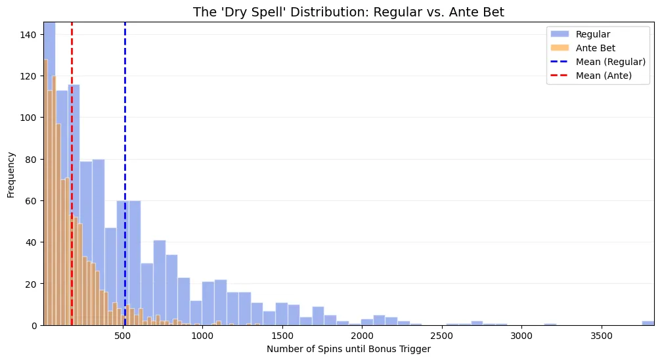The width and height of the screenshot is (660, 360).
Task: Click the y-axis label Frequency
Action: (x=11, y=174)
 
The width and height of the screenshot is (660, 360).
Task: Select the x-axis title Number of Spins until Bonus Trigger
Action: (x=348, y=349)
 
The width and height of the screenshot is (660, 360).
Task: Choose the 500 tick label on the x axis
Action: (x=123, y=336)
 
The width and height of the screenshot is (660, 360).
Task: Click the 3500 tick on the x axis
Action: (x=601, y=336)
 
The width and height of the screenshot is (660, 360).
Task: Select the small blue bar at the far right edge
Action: (x=648, y=323)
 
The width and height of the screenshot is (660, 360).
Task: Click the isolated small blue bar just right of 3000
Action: (x=550, y=324)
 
